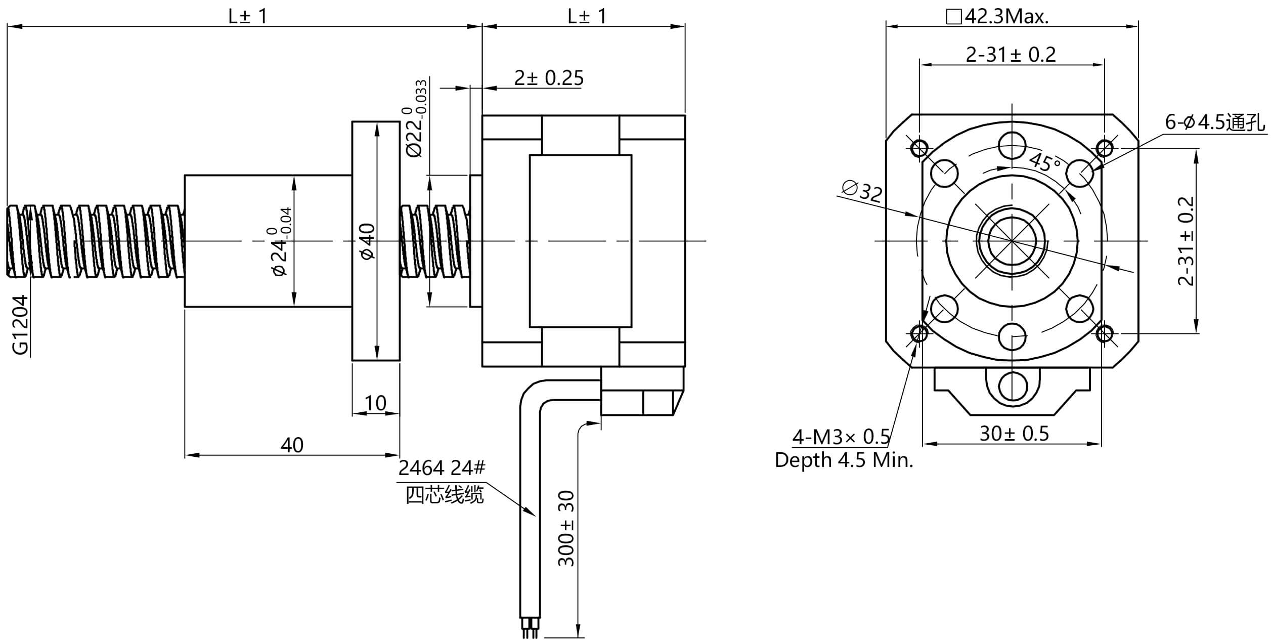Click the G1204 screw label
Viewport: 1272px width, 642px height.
[x=20, y=325]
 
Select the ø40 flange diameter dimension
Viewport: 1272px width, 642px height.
[x=368, y=241]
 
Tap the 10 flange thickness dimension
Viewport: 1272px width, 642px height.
[x=375, y=403]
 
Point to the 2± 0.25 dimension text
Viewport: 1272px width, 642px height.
[x=549, y=78]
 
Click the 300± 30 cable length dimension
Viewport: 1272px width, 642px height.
[x=566, y=528]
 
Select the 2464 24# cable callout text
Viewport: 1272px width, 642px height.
[x=442, y=468]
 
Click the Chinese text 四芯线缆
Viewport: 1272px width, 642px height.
[x=445, y=495]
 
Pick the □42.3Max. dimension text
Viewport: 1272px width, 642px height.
[x=997, y=17]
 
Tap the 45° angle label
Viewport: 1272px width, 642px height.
[x=1045, y=162]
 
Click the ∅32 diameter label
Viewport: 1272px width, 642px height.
[x=862, y=190]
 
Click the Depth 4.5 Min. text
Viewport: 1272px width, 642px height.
[x=844, y=460]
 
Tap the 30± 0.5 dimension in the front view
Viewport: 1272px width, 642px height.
[x=1014, y=434]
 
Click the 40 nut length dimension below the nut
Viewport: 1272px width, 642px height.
[x=292, y=445]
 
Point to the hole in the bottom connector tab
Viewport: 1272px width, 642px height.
[x=1013, y=386]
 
